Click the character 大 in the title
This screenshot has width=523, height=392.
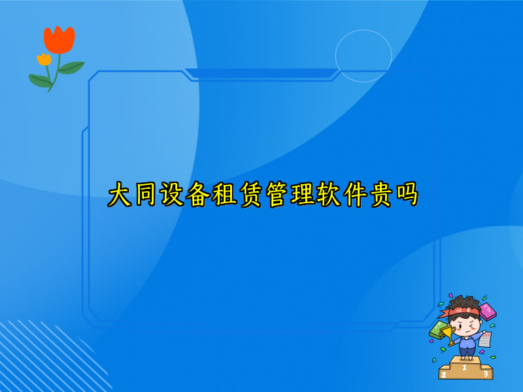pyautogui.click(x=120, y=195)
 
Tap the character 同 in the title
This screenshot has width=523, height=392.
pyautogui.click(x=146, y=195)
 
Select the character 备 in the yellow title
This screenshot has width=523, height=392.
pyautogui.click(x=198, y=195)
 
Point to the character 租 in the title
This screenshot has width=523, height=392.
pyautogui.click(x=224, y=195)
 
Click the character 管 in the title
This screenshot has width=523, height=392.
pyautogui.click(x=277, y=195)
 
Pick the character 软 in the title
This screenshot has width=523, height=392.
pyautogui.click(x=329, y=195)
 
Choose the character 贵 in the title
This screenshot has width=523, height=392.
pyautogui.click(x=381, y=195)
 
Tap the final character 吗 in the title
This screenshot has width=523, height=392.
pyautogui.click(x=407, y=195)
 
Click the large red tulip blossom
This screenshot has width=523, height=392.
pyautogui.click(x=59, y=40)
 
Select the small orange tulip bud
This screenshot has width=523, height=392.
pyautogui.click(x=44, y=59)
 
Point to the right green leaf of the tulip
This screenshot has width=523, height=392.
pyautogui.click(x=71, y=67)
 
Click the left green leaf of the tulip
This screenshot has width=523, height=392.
pyautogui.click(x=40, y=80)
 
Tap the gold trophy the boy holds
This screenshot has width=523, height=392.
pyautogui.click(x=448, y=335)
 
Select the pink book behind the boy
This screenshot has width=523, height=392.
pyautogui.click(x=487, y=312)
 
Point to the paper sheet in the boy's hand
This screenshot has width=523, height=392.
pyautogui.click(x=484, y=339)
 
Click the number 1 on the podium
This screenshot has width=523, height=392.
pyautogui.click(x=464, y=367)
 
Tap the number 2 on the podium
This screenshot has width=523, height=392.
pyautogui.click(x=444, y=374)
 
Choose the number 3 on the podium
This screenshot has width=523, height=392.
pyautogui.click(x=485, y=374)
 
